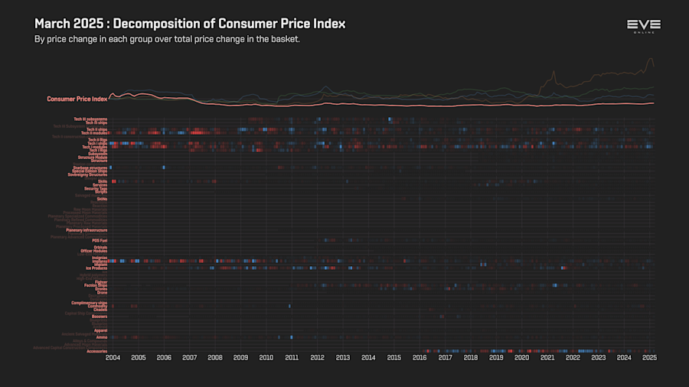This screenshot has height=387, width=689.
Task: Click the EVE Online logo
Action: click(x=643, y=26)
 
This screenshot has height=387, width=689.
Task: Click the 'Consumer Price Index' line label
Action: click(x=77, y=99)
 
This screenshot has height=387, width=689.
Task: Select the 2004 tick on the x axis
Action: click(x=113, y=357)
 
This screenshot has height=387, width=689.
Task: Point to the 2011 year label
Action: click(x=292, y=357)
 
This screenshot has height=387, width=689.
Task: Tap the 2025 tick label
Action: click(x=649, y=357)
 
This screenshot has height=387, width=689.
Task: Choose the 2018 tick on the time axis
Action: click(x=470, y=357)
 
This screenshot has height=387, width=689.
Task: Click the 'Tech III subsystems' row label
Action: click(x=90, y=119)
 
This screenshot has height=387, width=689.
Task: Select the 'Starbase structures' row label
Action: click(x=90, y=167)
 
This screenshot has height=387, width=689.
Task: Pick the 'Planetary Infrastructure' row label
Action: click(x=87, y=229)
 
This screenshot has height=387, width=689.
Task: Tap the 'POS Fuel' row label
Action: click(x=100, y=240)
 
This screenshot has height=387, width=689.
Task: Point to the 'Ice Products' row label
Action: click(x=96, y=268)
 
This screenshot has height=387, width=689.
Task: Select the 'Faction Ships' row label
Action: click(x=96, y=285)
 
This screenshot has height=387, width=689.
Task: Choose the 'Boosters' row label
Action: click(x=99, y=316)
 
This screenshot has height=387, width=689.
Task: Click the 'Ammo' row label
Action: click(x=102, y=337)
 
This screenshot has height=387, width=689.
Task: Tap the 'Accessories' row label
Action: click(x=97, y=351)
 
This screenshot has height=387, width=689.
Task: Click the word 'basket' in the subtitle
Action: click(x=283, y=39)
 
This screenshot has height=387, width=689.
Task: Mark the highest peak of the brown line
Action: click(x=651, y=59)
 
